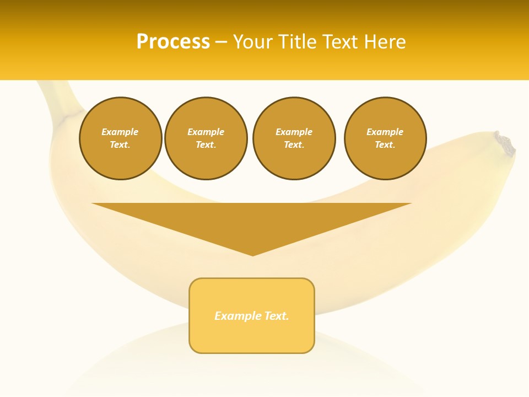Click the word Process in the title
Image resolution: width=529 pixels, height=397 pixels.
(x=173, y=42)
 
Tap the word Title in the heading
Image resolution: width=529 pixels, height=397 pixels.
(x=296, y=42)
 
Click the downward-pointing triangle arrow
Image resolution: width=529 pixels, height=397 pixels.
(x=252, y=221)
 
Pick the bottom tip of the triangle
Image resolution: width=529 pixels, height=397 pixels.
(x=252, y=255)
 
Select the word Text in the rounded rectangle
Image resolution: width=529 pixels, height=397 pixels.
(x=276, y=316)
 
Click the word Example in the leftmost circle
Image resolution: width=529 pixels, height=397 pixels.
(x=120, y=132)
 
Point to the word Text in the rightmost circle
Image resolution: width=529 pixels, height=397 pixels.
(x=385, y=144)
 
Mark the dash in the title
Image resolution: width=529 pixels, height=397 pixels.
(x=221, y=42)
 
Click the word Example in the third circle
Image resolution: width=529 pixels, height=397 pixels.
(x=294, y=132)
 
